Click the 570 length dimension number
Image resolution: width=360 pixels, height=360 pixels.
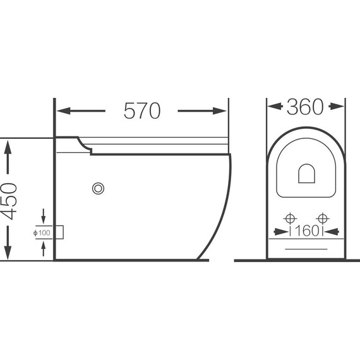coord(142,111)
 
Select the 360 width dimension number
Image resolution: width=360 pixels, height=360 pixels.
coord(305,107)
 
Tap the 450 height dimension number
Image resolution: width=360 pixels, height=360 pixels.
coord(9,201)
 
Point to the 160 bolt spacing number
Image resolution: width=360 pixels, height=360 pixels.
coord(306,231)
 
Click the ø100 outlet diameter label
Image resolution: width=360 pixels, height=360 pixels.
coord(42,233)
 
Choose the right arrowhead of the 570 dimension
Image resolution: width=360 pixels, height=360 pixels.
coord(220,111)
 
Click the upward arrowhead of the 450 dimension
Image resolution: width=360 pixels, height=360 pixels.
coord(8,148)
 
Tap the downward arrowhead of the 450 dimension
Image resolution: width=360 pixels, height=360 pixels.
coord(8,253)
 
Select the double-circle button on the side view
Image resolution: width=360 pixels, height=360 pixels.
coord(98,188)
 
